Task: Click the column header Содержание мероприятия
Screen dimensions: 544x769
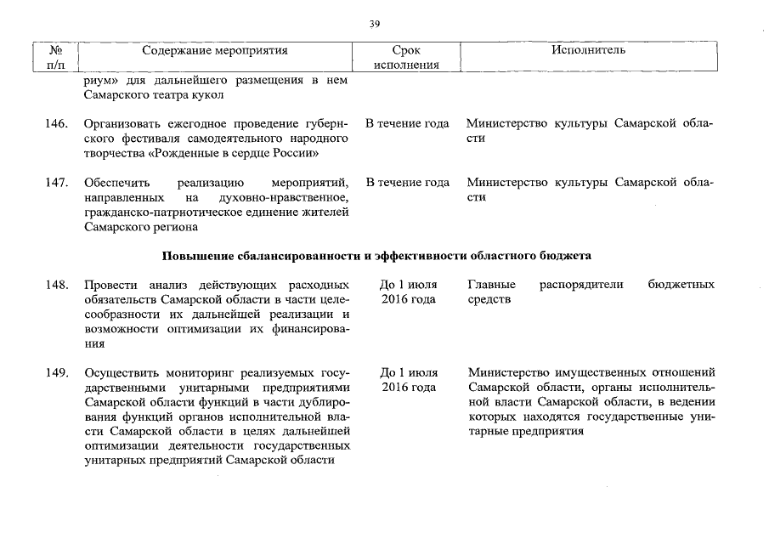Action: coord(215,50)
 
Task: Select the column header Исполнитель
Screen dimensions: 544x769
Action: coord(588,50)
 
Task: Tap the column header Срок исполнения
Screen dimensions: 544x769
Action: coord(407,57)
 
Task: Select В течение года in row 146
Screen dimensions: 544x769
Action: coord(407,124)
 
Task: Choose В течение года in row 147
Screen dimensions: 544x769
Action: coord(407,183)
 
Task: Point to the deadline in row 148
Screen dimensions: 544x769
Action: coord(408,292)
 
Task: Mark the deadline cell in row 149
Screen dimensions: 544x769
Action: coord(408,380)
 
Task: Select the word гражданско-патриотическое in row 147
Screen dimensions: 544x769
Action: coord(158,212)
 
